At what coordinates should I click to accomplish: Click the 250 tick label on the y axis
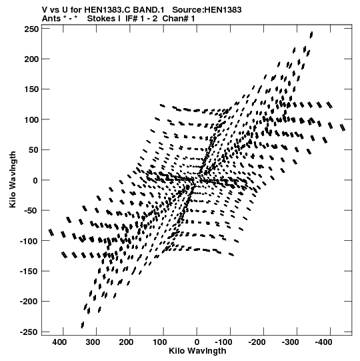pos(31,29)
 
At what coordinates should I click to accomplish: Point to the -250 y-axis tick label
pos(29,332)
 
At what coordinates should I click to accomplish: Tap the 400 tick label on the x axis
pos(59,342)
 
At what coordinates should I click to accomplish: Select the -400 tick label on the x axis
pos(323,342)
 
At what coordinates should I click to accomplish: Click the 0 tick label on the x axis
pos(197,342)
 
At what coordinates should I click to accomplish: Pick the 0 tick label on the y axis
pos(35,180)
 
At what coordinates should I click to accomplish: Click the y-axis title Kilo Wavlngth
pos(13,179)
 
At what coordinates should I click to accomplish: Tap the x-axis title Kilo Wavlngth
pos(197,351)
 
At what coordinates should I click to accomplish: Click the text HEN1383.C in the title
pos(107,9)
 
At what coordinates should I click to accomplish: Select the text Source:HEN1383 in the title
pos(207,9)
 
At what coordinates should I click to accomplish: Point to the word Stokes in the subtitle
pos(103,18)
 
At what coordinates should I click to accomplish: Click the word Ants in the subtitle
pos(51,18)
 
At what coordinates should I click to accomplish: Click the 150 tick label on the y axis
pos(31,89)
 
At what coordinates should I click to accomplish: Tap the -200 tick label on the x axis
pos(257,342)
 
